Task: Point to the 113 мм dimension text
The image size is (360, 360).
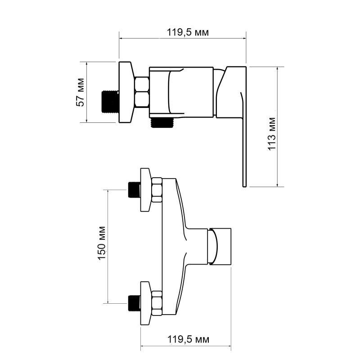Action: [272, 135]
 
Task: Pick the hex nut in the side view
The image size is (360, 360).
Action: [142, 92]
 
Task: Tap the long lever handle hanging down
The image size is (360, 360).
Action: [243, 144]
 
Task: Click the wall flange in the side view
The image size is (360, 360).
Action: [126, 92]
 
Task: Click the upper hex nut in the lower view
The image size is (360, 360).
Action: [157, 190]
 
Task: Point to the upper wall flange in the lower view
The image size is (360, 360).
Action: [146, 190]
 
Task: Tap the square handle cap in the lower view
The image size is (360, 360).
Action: [221, 246]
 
